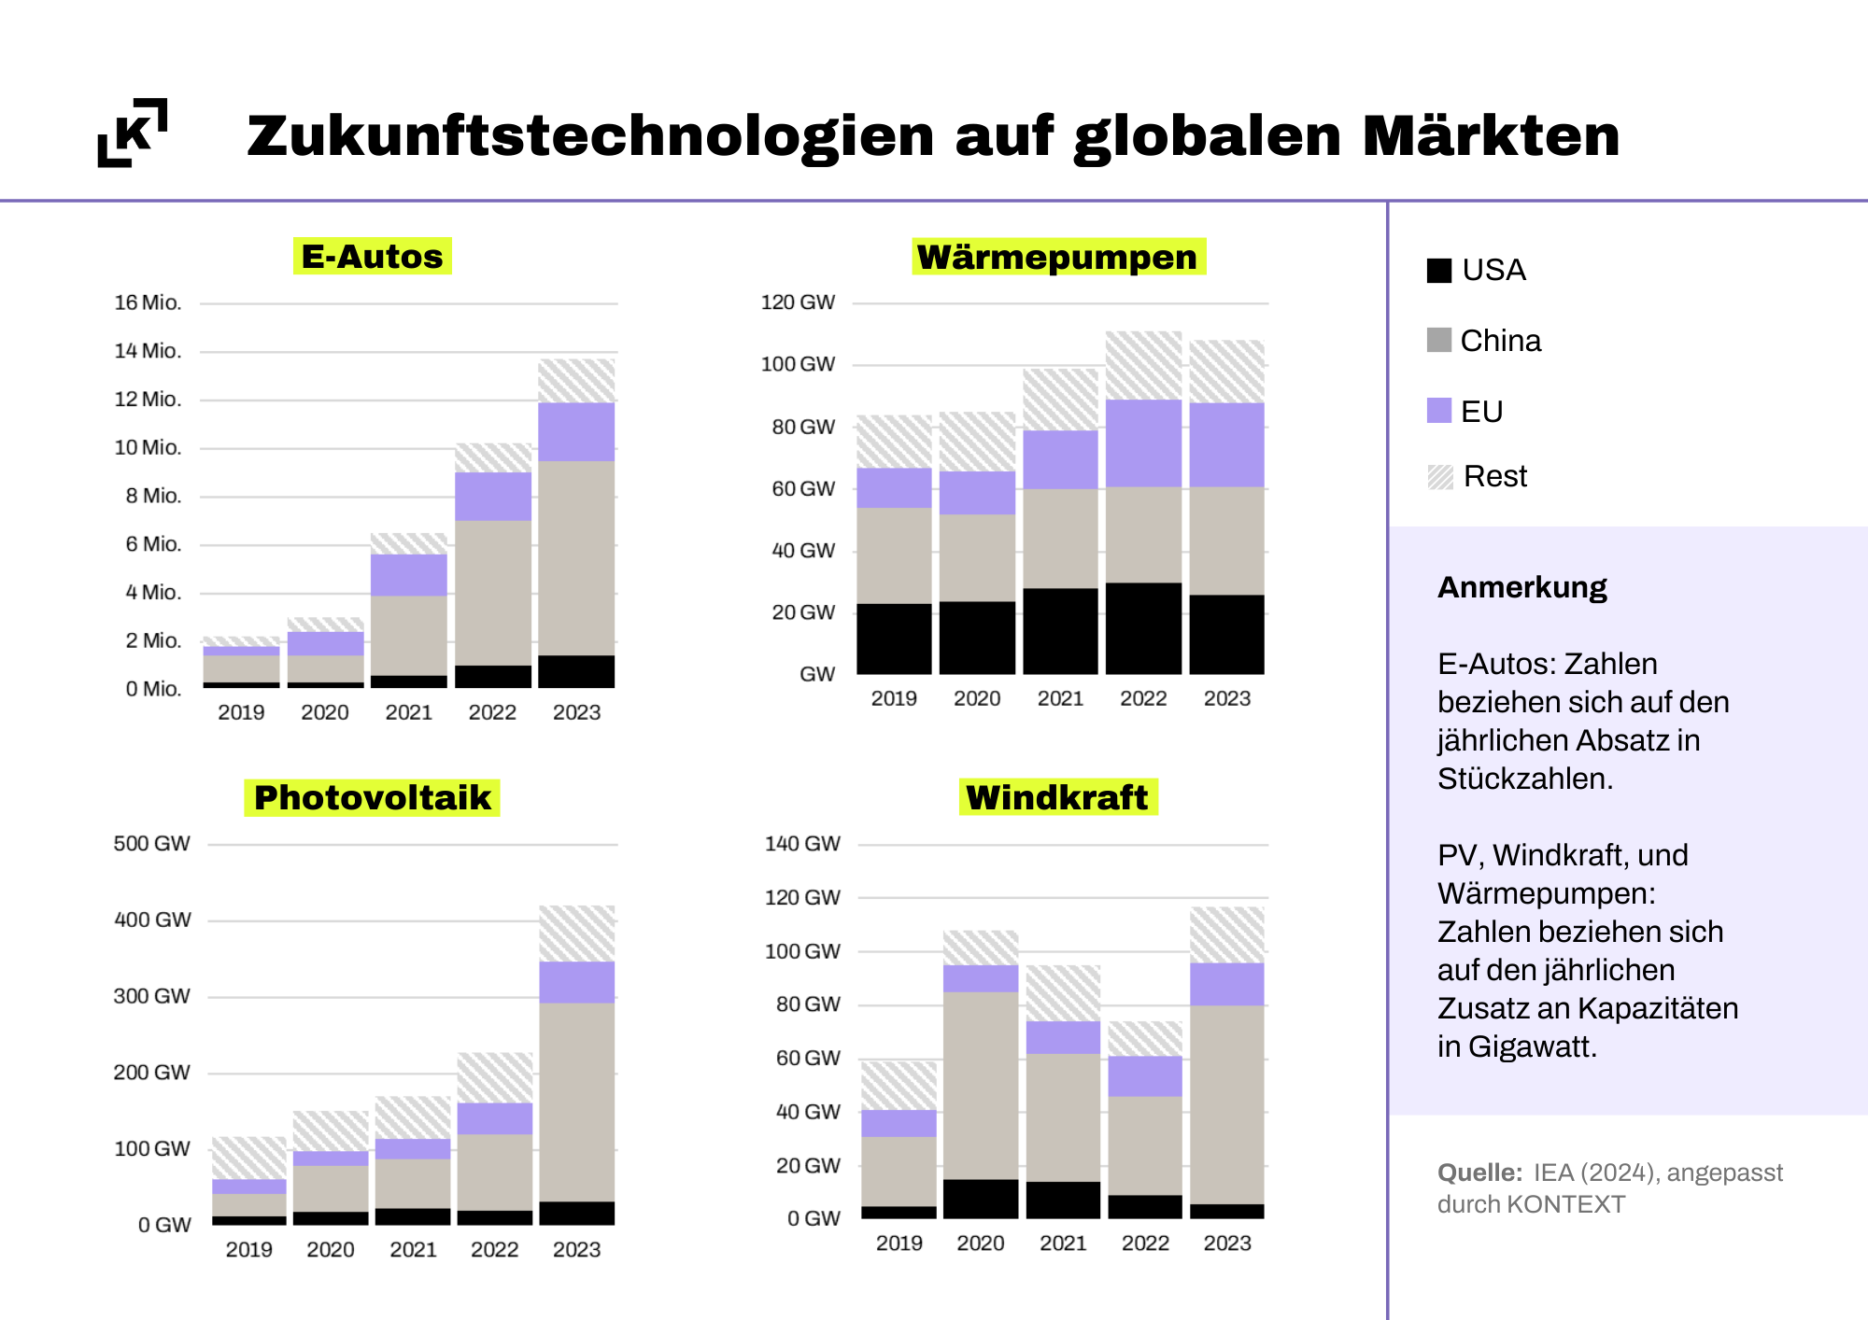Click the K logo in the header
(133, 133)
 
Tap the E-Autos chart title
(373, 256)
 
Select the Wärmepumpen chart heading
(1058, 257)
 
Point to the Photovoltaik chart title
(372, 797)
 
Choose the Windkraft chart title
(1058, 797)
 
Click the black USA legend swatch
(1439, 270)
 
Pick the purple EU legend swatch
(1439, 411)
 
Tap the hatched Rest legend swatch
(1440, 477)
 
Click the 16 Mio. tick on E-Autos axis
(148, 302)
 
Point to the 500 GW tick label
(151, 844)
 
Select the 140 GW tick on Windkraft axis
(802, 844)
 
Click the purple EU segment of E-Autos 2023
(576, 431)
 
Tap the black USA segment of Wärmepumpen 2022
(1143, 628)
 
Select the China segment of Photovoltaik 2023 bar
(576, 1102)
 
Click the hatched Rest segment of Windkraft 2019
(899, 1086)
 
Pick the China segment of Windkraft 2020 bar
(981, 1086)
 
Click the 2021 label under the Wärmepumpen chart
(1060, 698)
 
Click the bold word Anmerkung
(1522, 587)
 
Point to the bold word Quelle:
(1479, 1173)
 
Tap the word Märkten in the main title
(1491, 135)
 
